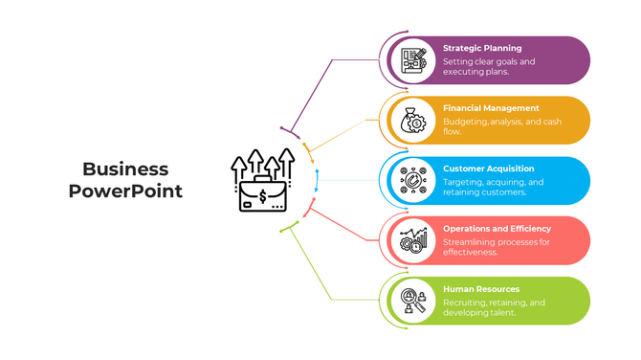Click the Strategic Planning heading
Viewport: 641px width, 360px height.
(482, 48)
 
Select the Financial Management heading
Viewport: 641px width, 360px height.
(491, 108)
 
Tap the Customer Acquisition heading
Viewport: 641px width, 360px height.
(488, 169)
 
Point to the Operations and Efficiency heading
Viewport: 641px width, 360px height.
(497, 229)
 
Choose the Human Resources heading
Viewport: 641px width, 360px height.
(481, 289)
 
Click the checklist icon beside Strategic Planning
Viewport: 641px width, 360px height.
(413, 60)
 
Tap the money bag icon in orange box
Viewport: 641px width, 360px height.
(413, 121)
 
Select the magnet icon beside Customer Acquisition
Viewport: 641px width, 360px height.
(413, 181)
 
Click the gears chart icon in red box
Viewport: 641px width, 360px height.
(413, 240)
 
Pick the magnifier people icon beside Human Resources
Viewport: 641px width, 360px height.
(413, 301)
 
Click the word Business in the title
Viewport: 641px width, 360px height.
(125, 169)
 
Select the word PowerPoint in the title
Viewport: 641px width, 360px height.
(125, 191)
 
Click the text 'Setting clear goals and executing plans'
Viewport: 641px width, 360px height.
(489, 67)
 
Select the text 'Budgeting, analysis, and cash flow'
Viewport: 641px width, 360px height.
(502, 126)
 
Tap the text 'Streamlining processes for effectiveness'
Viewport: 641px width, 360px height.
(497, 247)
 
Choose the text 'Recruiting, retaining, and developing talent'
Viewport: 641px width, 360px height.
(494, 307)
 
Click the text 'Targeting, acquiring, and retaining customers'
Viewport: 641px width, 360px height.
(493, 187)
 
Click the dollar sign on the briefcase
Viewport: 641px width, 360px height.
(263, 198)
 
